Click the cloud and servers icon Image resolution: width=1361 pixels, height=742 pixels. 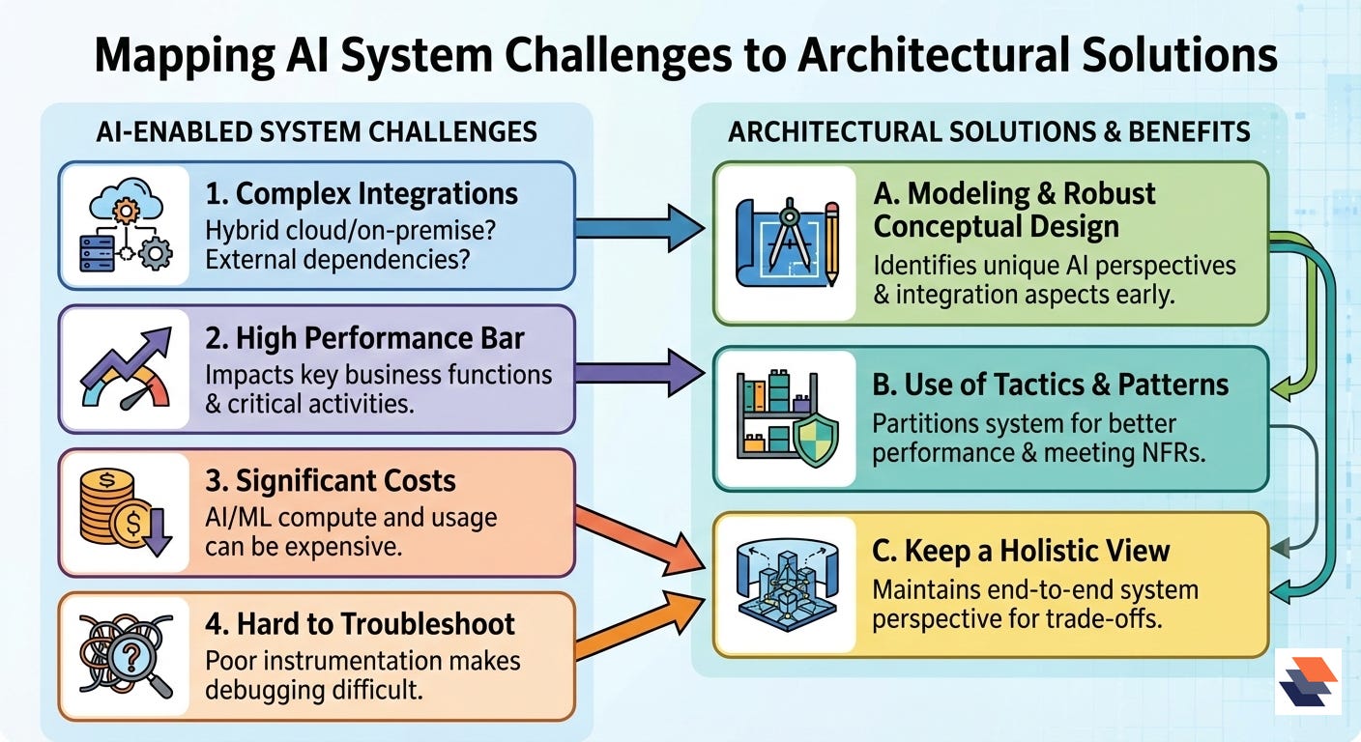coord(126,227)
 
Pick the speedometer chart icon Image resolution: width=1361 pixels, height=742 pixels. coord(126,369)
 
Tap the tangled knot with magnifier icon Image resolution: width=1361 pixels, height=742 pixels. coord(126,657)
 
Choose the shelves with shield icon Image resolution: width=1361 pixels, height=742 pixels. coord(786,417)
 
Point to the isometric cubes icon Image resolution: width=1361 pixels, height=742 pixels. coord(786,585)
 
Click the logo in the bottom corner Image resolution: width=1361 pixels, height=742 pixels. coord(1308,681)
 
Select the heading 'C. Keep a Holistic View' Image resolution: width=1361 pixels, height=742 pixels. coord(1021,551)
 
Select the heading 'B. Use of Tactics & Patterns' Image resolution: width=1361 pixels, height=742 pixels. coord(1050,385)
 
